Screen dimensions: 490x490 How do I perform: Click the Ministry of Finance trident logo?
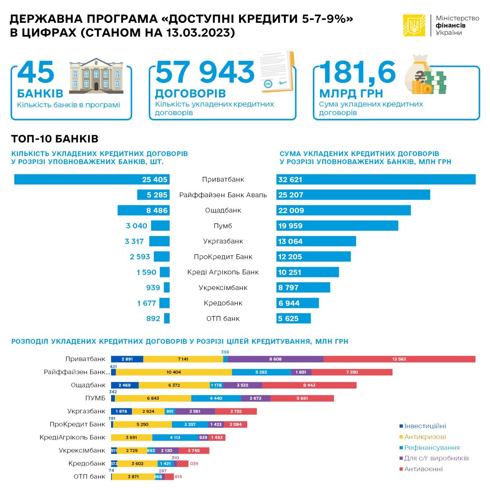click(414, 25)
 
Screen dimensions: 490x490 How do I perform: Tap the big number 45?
click(36, 73)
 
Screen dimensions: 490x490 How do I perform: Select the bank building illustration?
click(96, 75)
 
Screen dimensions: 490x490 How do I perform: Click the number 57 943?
click(205, 72)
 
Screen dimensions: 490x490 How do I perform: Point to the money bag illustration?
click(424, 76)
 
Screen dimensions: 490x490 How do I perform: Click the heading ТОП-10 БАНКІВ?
click(55, 139)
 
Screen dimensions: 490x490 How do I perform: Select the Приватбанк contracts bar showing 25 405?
click(92, 179)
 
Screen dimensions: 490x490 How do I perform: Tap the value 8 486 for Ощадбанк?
click(157, 210)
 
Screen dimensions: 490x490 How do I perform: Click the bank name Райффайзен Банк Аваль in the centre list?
click(223, 195)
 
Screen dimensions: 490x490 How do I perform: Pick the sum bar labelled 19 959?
click(337, 226)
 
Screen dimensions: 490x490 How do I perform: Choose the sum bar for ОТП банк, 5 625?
click(293, 318)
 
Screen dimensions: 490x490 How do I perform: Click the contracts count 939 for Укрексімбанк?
click(153, 287)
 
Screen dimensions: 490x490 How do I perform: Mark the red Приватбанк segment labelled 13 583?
click(399, 359)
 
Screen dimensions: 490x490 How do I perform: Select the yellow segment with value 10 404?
click(174, 372)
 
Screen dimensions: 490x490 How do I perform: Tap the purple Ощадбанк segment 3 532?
click(243, 385)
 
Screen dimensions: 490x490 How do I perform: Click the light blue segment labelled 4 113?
click(175, 437)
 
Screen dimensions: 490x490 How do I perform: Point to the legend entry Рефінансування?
click(432, 448)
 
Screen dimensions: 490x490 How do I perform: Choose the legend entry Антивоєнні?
click(423, 469)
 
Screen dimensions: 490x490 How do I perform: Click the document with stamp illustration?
click(276, 72)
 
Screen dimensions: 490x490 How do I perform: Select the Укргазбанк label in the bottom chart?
click(86, 411)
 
